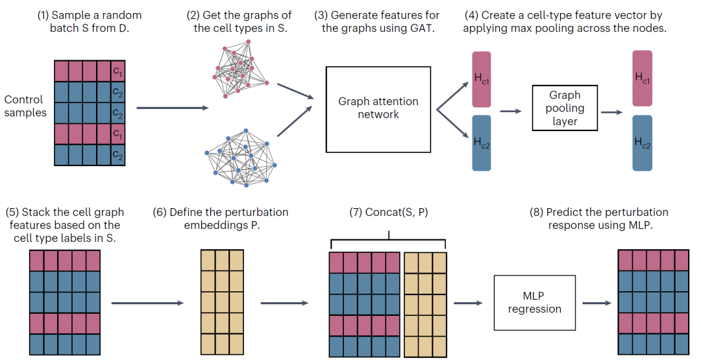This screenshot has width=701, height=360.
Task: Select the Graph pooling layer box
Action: pyautogui.click(x=564, y=108)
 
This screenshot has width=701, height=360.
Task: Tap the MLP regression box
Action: pyautogui.click(x=534, y=302)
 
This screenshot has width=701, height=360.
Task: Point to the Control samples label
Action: pyautogui.click(x=24, y=106)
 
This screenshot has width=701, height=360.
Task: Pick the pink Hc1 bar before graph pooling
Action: pyautogui.click(x=482, y=79)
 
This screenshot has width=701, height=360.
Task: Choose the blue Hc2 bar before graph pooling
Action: pyautogui.click(x=482, y=143)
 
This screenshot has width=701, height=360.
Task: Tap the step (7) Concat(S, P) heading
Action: pyautogui.click(x=388, y=212)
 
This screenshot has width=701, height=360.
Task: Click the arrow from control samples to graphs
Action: pyautogui.click(x=173, y=108)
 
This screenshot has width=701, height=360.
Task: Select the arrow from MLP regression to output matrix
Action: pyautogui.click(x=595, y=303)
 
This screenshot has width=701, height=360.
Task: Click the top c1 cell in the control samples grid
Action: pyautogui.click(x=117, y=70)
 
